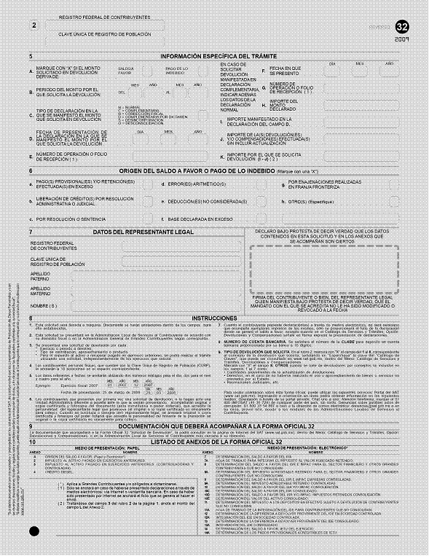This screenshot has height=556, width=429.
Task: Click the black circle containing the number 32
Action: [x=401, y=27]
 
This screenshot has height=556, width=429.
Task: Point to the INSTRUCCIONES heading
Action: [x=214, y=318]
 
